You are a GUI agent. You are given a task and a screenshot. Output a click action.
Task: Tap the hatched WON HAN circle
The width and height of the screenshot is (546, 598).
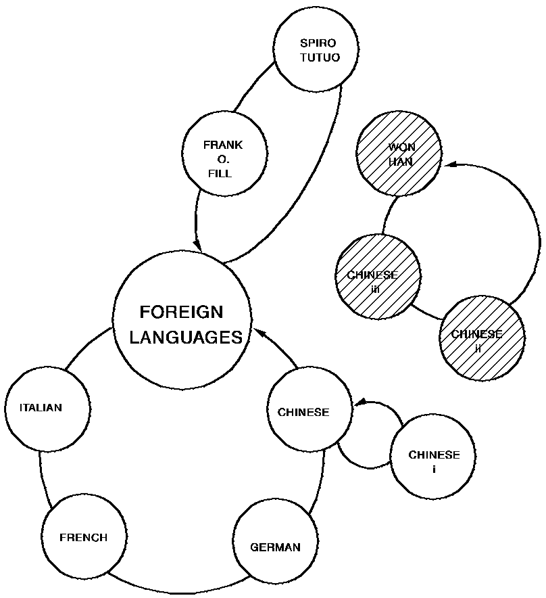399,154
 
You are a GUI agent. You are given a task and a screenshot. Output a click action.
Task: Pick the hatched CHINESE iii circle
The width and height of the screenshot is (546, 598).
378,277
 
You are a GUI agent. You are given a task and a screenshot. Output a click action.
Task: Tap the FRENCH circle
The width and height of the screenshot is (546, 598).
84,538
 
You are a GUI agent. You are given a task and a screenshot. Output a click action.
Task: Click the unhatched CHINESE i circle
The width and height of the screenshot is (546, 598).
433,460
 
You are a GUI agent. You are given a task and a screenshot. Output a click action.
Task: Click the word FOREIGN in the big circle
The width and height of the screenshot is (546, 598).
180,313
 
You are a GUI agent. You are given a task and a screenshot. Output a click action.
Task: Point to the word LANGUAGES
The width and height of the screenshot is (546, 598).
185,337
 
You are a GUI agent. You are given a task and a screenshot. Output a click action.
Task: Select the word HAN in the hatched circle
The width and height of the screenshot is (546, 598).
400,162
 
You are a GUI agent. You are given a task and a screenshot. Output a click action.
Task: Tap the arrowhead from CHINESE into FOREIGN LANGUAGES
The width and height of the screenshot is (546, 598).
260,333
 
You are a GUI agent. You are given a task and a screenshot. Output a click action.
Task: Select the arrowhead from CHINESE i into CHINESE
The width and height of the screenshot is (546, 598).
360,403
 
